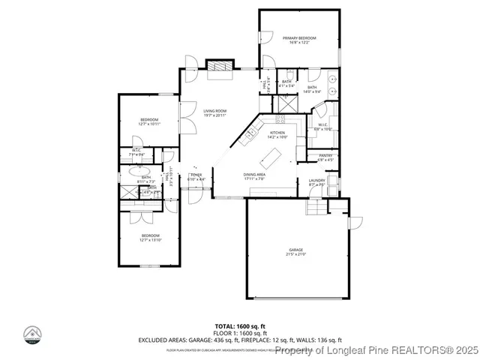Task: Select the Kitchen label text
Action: click(277, 133)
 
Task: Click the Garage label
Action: click(296, 250)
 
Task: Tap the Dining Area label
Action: click(254, 175)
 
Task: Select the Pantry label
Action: click(325, 155)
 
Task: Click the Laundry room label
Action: click(316, 180)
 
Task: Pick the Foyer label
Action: click(196, 175)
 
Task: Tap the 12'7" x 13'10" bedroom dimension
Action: click(151, 240)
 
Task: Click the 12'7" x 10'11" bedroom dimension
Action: click(150, 124)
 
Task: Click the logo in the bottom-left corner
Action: click(32, 335)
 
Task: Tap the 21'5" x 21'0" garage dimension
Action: click(296, 254)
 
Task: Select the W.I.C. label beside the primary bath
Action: click(322, 125)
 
